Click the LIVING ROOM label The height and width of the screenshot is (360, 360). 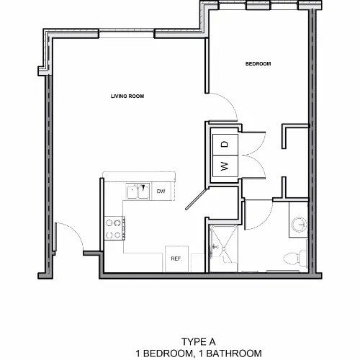[x=127, y=96]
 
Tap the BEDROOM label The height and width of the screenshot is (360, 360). [x=258, y=64]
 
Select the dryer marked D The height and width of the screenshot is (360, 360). [x=225, y=145]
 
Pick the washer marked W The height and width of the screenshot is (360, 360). [x=225, y=166]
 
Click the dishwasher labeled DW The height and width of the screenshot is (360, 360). [x=161, y=192]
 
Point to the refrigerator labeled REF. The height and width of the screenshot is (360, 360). [x=176, y=258]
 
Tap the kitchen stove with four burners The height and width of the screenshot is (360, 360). [x=114, y=228]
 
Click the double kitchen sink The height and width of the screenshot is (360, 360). [x=138, y=192]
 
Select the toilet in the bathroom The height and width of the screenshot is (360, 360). [x=296, y=258]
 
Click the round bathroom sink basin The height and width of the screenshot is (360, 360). [x=300, y=225]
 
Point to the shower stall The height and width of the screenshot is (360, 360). [x=223, y=248]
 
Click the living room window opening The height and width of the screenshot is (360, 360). [x=127, y=34]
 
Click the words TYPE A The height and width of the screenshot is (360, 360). [x=199, y=342]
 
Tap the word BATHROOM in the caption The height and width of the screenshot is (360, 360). [x=234, y=354]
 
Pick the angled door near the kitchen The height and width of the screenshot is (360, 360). [x=196, y=199]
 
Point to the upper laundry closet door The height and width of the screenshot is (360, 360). [x=254, y=143]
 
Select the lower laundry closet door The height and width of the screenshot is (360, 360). [x=254, y=166]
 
